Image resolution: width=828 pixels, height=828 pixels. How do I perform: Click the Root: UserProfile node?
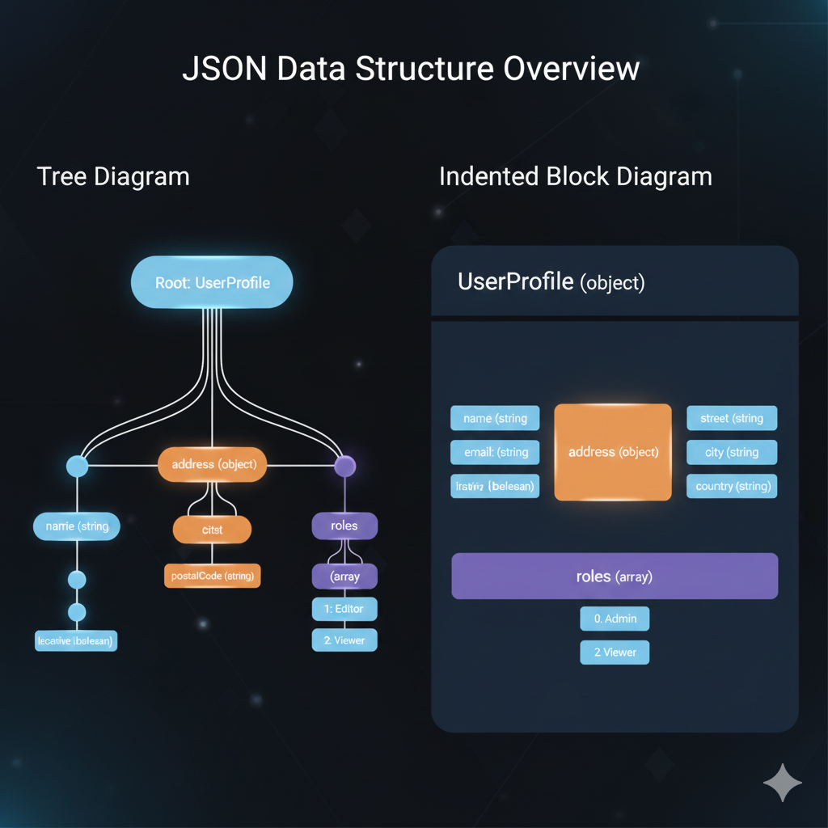[x=212, y=282]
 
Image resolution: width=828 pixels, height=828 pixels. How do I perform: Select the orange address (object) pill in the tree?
[x=213, y=465]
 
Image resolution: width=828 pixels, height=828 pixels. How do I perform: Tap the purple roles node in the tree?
[x=344, y=526]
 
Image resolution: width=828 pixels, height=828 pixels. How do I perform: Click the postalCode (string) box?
[x=212, y=576]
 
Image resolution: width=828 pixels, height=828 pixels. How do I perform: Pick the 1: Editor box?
[x=344, y=609]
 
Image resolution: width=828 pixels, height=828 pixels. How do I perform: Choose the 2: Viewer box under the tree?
[x=344, y=640]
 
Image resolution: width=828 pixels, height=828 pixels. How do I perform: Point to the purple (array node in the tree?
[x=344, y=577]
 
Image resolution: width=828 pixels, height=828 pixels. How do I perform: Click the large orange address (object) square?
[x=613, y=452]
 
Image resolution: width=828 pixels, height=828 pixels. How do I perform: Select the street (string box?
[x=732, y=418]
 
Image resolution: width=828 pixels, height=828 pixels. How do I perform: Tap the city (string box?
[x=732, y=452]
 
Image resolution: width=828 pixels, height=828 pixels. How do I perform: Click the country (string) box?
[x=732, y=486]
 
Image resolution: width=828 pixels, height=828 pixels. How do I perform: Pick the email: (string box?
[x=495, y=452]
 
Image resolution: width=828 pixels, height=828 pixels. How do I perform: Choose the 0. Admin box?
[x=615, y=619]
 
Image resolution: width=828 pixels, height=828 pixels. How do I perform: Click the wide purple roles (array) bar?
[x=615, y=577]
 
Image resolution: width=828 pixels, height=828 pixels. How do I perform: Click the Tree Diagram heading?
[x=113, y=176]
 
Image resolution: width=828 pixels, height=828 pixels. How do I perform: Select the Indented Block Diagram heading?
[x=576, y=176]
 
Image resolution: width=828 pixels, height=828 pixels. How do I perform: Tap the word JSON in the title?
[x=224, y=69]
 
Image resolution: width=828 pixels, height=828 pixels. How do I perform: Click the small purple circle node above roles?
[x=345, y=466]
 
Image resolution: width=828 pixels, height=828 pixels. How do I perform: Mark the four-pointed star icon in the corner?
[x=783, y=782]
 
